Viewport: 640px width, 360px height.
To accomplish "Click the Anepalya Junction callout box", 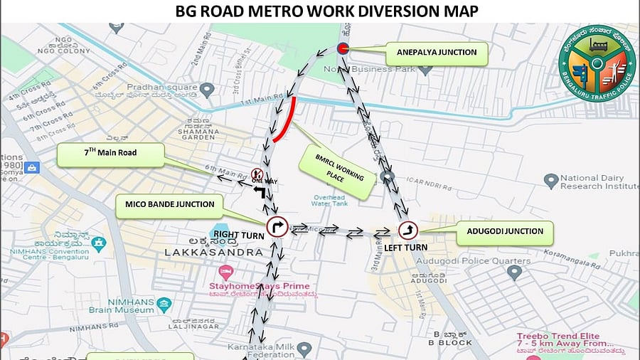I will pyautogui.click(x=431, y=51).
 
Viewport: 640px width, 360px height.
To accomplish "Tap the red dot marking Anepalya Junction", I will pyautogui.click(x=342, y=48).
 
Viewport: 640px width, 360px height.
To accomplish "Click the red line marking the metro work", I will pyautogui.click(x=284, y=119).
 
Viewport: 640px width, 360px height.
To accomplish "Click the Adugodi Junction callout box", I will pyautogui.click(x=505, y=231).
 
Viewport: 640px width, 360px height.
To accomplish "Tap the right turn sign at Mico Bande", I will pyautogui.click(x=277, y=227).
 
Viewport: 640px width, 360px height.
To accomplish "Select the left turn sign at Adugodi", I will pyautogui.click(x=408, y=229).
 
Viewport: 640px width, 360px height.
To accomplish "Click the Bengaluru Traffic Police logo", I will pyautogui.click(x=597, y=63).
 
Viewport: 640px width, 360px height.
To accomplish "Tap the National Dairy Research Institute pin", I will pyautogui.click(x=550, y=181).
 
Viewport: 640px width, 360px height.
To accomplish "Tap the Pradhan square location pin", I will pyautogui.click(x=207, y=90).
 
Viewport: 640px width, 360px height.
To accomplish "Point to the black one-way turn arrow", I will pyautogui.click(x=260, y=192).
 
